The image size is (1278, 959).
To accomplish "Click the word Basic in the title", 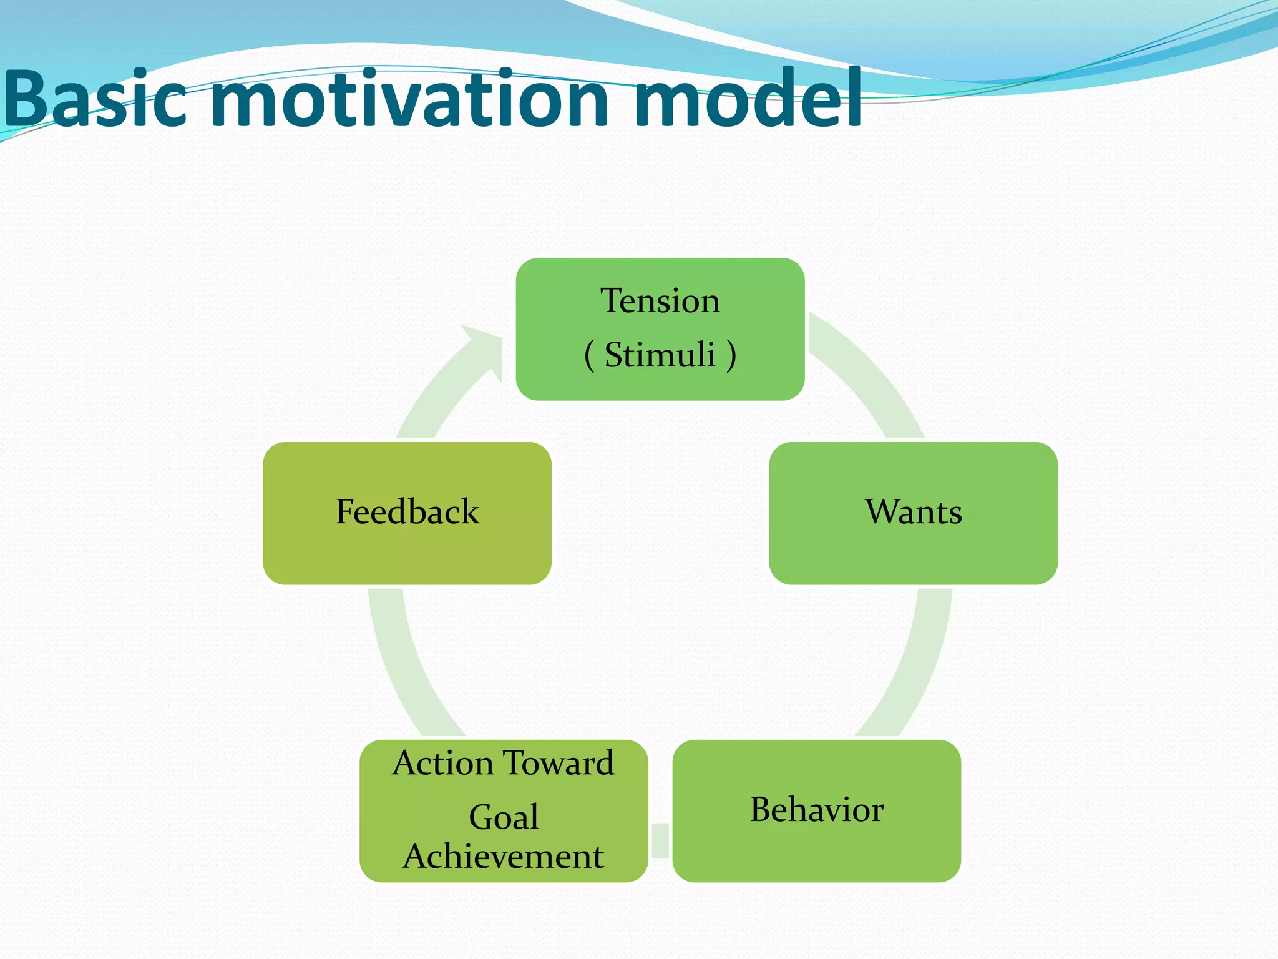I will pyautogui.click(x=94, y=99).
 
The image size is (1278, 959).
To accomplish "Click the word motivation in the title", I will pyautogui.click(x=409, y=99).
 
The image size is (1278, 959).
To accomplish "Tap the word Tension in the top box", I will pyautogui.click(x=660, y=301).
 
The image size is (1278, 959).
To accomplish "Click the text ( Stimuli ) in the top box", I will pyautogui.click(x=660, y=355).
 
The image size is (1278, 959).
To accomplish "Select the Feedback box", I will pyautogui.click(x=407, y=513).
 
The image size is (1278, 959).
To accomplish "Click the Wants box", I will pyautogui.click(x=913, y=513).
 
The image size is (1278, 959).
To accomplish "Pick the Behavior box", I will pyautogui.click(x=816, y=810).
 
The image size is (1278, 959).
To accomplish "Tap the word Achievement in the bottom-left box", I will pyautogui.click(x=503, y=857).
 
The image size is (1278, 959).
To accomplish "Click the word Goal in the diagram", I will pyautogui.click(x=503, y=817).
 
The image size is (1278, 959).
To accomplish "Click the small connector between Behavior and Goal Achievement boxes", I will pyautogui.click(x=660, y=840).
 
